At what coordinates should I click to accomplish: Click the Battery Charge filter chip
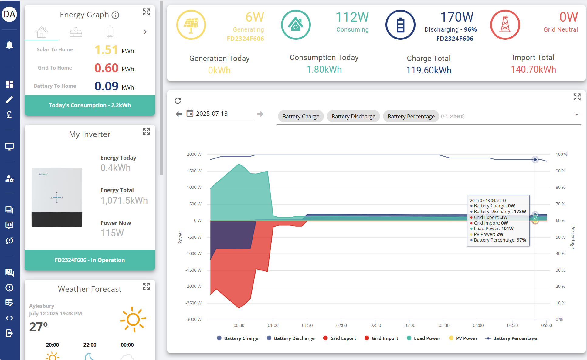click(301, 116)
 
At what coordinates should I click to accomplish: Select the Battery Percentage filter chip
click(411, 116)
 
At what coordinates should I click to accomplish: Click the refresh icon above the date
click(178, 100)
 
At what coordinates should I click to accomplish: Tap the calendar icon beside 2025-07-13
click(190, 113)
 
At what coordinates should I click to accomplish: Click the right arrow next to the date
click(260, 114)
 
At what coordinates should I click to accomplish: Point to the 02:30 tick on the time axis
click(375, 325)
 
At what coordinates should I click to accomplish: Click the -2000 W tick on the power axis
click(193, 286)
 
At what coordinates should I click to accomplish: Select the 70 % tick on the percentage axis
click(560, 204)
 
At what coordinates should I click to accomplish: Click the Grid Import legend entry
click(381, 338)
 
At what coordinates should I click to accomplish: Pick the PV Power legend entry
click(463, 338)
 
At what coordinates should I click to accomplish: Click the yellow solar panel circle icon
click(191, 25)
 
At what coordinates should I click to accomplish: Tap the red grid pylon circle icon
click(505, 25)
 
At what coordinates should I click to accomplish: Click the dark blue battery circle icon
click(400, 25)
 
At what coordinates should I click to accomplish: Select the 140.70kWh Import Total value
click(533, 70)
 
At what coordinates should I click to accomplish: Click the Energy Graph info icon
click(115, 15)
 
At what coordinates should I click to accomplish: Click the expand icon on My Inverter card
click(146, 131)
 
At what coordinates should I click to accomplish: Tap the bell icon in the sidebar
click(9, 45)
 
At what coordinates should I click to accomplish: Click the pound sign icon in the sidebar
click(9, 114)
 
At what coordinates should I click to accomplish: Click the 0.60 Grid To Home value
click(106, 68)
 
